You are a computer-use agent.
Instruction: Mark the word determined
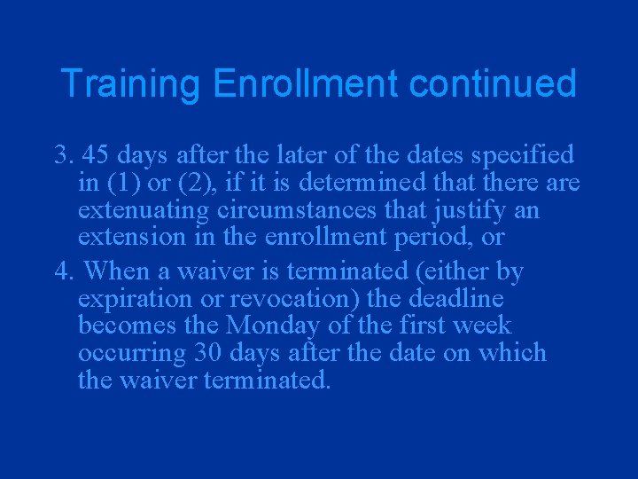[363, 184]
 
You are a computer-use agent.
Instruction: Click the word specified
[523, 155]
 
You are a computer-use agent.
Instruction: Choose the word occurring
[125, 354]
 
